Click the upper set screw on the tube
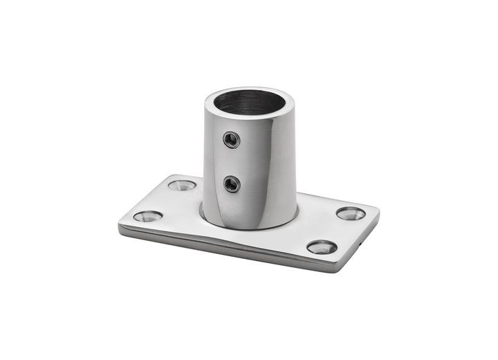[x=232, y=141]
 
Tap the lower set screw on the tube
[x=232, y=183]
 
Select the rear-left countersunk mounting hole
[x=183, y=185]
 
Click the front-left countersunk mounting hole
[x=148, y=216]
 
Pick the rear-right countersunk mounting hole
[x=351, y=213]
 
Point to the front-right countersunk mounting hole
[x=322, y=247]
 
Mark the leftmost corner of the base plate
[x=119, y=225]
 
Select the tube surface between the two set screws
[x=232, y=162]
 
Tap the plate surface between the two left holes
[x=166, y=201]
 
